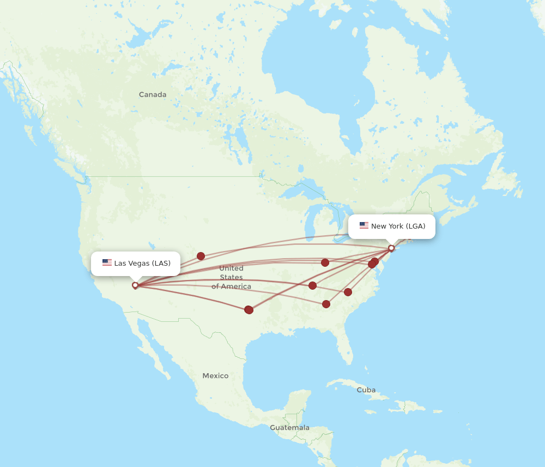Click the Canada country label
pos(153,94)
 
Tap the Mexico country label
pos(215,376)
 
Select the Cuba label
pos(366,390)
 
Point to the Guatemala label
pos(289,428)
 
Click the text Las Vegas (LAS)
pos(142,263)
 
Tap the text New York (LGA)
pos(398,226)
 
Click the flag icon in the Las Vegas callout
pos(107,263)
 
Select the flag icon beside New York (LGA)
pos(364,226)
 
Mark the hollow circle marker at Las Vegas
pos(135,285)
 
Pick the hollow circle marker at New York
pos(391,248)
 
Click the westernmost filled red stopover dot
pos(201,256)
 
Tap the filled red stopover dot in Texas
pos(249,309)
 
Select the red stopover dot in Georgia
pos(326,304)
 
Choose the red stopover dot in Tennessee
pos(312,285)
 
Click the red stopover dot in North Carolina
pos(348,292)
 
